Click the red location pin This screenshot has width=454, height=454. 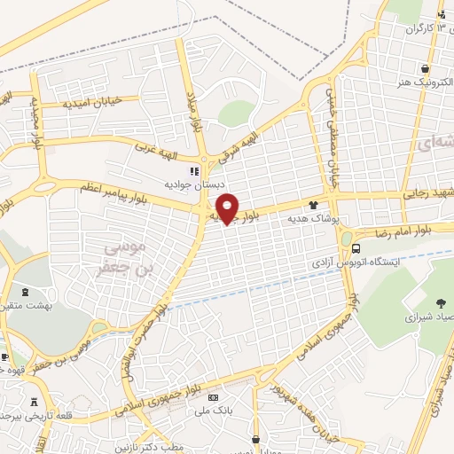[228, 207]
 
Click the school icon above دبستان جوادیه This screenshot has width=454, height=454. [194, 171]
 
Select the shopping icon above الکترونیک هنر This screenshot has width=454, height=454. [427, 68]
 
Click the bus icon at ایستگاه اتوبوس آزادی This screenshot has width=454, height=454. [356, 249]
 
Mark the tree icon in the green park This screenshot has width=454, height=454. [442, 301]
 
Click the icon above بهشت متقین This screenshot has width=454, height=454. [22, 291]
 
